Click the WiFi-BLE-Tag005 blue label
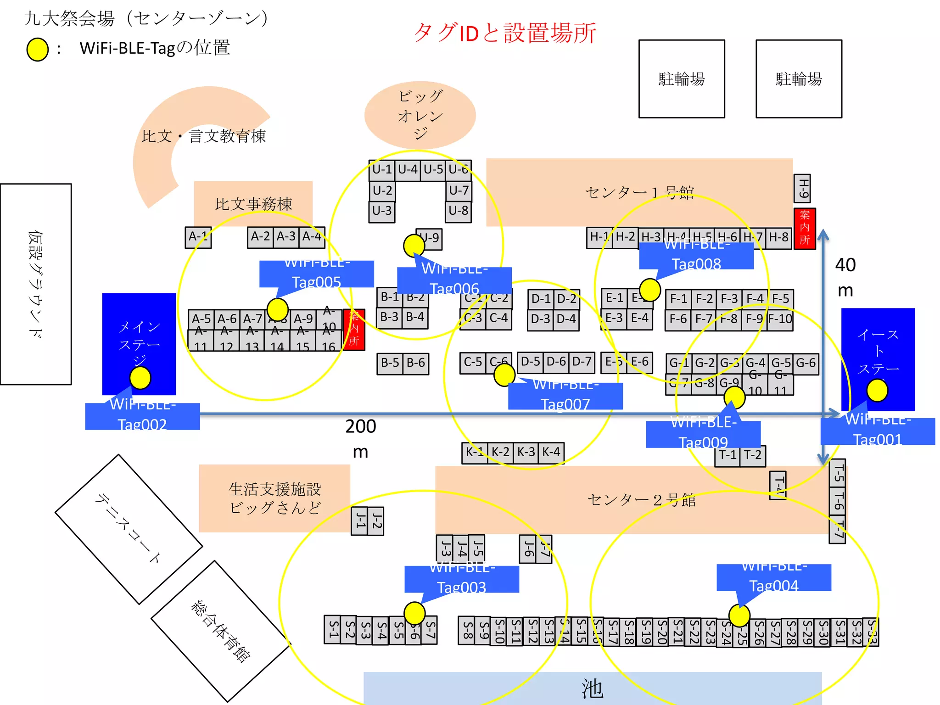click(x=316, y=274)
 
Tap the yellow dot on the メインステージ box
click(x=140, y=378)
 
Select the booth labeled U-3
click(x=382, y=211)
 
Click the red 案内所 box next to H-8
click(x=805, y=228)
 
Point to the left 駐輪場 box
click(x=682, y=79)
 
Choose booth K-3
click(x=526, y=453)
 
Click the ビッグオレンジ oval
click(x=420, y=115)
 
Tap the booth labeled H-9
click(x=802, y=188)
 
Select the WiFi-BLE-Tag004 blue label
click(x=774, y=577)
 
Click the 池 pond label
click(x=592, y=688)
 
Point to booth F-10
click(x=780, y=319)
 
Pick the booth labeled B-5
click(x=390, y=363)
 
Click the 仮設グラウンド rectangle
click(x=36, y=284)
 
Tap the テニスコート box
click(x=129, y=529)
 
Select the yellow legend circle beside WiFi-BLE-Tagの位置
click(x=38, y=50)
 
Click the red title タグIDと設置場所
click(x=505, y=33)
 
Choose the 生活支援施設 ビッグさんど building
click(x=274, y=498)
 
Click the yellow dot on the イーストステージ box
click(x=877, y=391)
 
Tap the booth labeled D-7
click(x=582, y=362)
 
